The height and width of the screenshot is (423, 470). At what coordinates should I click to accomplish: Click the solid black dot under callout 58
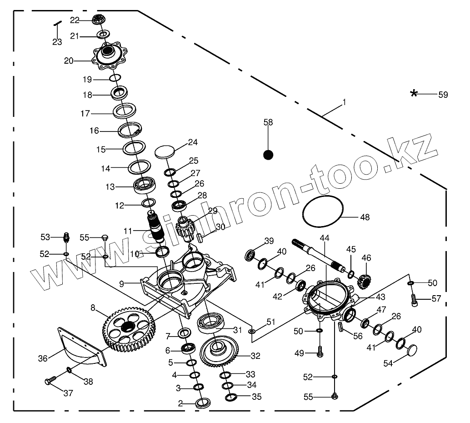point(269,155)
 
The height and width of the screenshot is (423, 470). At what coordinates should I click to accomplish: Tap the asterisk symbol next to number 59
point(414,94)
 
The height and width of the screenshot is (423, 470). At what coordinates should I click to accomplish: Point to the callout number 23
point(57,42)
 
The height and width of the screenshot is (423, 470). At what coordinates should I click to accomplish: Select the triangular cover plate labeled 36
point(82,345)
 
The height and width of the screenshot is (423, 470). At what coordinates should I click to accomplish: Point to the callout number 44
point(324,238)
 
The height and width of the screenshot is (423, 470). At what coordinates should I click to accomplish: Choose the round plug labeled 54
point(411,350)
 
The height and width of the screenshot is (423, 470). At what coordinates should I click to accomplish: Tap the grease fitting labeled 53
point(66,237)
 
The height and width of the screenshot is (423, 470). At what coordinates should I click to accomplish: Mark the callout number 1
point(344,102)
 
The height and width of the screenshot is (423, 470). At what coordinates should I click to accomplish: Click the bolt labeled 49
point(320,352)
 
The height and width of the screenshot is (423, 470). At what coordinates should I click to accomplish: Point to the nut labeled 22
point(99,19)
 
